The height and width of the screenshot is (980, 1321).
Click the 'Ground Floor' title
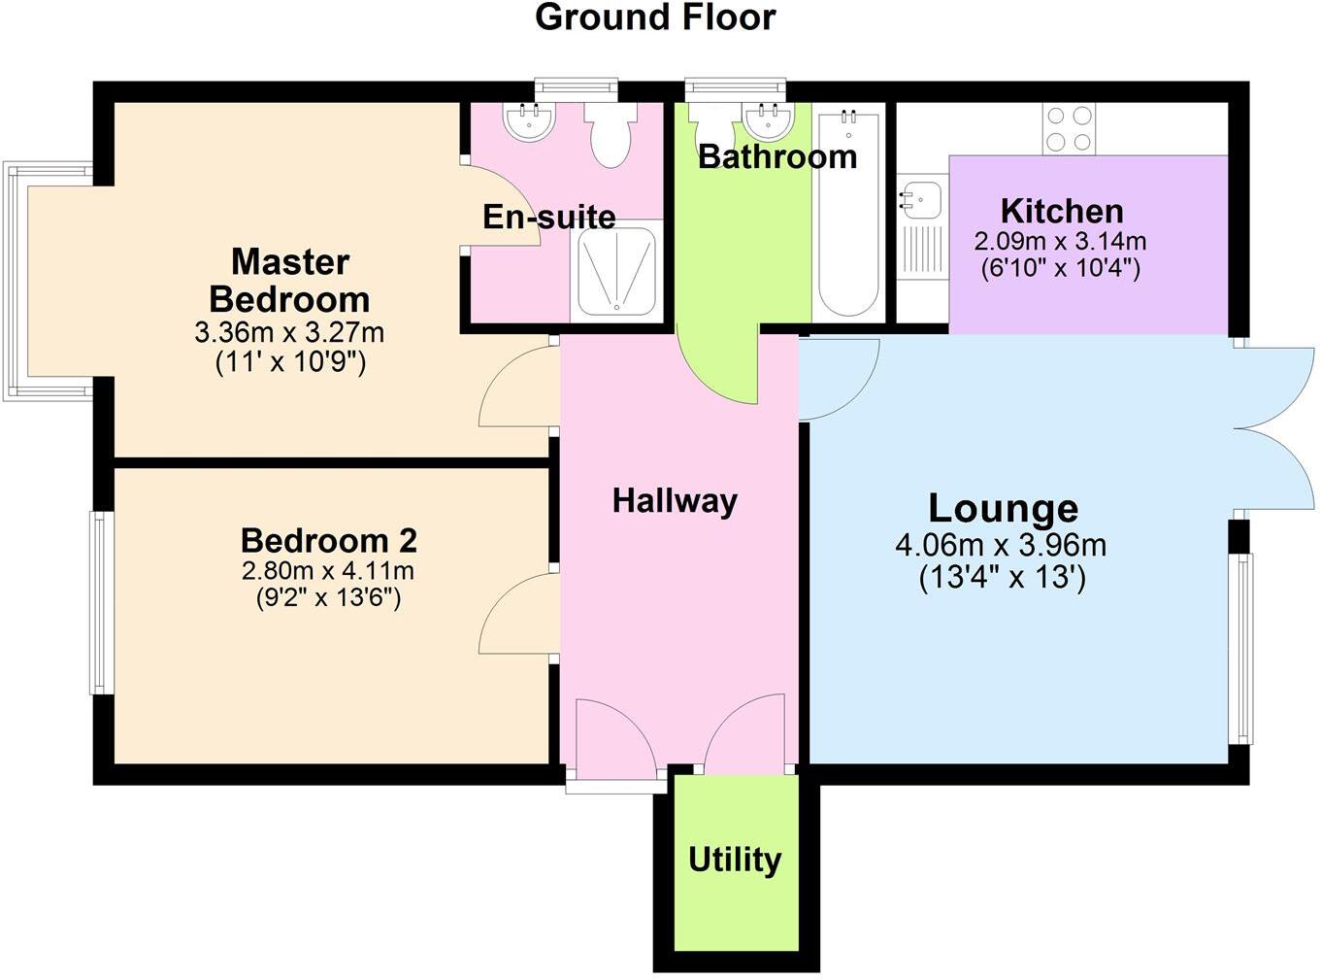click(x=655, y=17)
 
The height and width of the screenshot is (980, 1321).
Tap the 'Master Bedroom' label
click(x=289, y=281)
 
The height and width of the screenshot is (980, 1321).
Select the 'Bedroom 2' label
click(x=328, y=540)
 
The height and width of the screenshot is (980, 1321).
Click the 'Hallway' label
click(x=675, y=501)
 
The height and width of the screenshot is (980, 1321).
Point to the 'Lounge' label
click(x=1003, y=508)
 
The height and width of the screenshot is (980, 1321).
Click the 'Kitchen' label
click(x=1062, y=211)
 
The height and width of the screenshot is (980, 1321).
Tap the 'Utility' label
click(x=735, y=860)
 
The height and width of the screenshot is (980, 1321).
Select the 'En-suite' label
click(x=549, y=217)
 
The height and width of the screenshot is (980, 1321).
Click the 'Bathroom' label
click(x=777, y=156)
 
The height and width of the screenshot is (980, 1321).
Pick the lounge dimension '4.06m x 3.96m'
click(x=1001, y=546)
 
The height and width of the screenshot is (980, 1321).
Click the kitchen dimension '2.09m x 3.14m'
click(x=1060, y=240)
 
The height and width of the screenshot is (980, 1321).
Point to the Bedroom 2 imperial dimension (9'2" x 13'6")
click(x=328, y=597)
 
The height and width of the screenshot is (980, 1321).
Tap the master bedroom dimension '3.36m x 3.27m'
click(x=289, y=333)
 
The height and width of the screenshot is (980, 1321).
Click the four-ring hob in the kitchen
click(x=1068, y=129)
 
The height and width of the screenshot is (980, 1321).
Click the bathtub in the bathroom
click(x=848, y=214)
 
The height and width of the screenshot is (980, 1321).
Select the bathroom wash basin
click(x=771, y=121)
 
